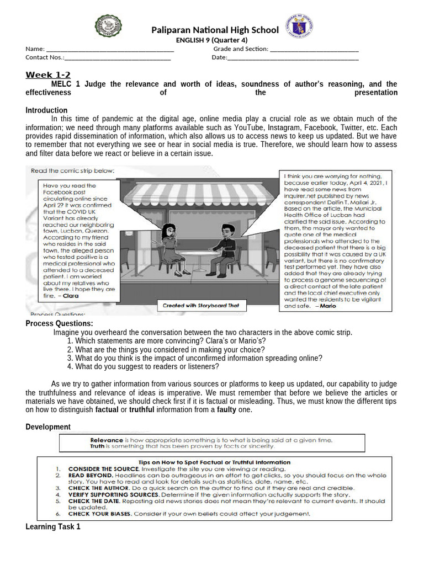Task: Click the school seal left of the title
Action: point(109,26)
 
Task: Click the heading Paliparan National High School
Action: point(215,30)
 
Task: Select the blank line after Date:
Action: point(293,57)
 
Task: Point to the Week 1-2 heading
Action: point(48,75)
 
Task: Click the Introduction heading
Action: point(46,110)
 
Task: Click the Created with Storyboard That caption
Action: point(200,305)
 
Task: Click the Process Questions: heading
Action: point(59,323)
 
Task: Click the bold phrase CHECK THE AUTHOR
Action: point(99,488)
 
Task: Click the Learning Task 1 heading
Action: point(53,527)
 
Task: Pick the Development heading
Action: point(48,427)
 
